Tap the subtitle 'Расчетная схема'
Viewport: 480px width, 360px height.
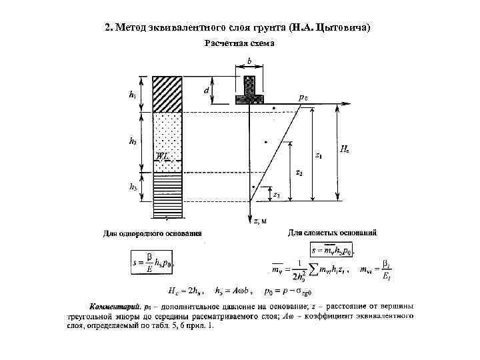[239, 43]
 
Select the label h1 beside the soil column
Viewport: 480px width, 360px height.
[133, 95]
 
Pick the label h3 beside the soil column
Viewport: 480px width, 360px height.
[133, 188]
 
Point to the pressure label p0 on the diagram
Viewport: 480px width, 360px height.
[303, 97]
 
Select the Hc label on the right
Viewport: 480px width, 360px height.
[344, 151]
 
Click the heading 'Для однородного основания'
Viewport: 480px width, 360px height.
[153, 233]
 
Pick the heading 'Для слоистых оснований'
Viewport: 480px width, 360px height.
[331, 233]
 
